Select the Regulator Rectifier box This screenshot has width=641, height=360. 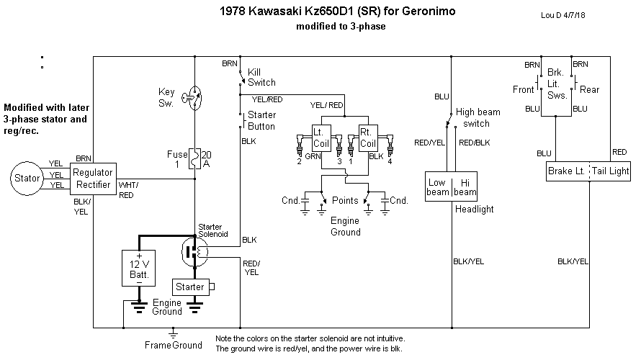91,178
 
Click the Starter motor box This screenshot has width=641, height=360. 190,287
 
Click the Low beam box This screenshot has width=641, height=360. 437,187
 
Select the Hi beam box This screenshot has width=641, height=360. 465,187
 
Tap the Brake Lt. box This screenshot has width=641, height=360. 566,171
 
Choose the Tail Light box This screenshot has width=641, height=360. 611,171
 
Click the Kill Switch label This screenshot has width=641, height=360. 261,78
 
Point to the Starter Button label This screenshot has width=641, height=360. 261,120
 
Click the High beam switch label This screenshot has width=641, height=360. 483,117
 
